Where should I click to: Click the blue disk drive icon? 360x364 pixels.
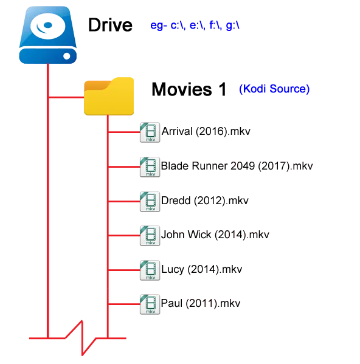click(49, 37)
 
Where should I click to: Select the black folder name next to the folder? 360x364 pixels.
click(193, 89)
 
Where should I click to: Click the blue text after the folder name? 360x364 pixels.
click(274, 90)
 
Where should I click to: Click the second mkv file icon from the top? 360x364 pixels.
click(150, 168)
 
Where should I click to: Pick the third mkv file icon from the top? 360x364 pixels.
click(150, 202)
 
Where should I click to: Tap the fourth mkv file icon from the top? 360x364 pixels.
click(150, 236)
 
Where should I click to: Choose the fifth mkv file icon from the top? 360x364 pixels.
click(150, 270)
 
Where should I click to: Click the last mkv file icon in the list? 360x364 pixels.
click(150, 304)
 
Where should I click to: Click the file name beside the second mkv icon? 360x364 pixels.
click(238, 165)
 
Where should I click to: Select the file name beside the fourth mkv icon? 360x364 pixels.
click(215, 234)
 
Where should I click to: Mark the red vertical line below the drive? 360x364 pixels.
click(46, 201)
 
